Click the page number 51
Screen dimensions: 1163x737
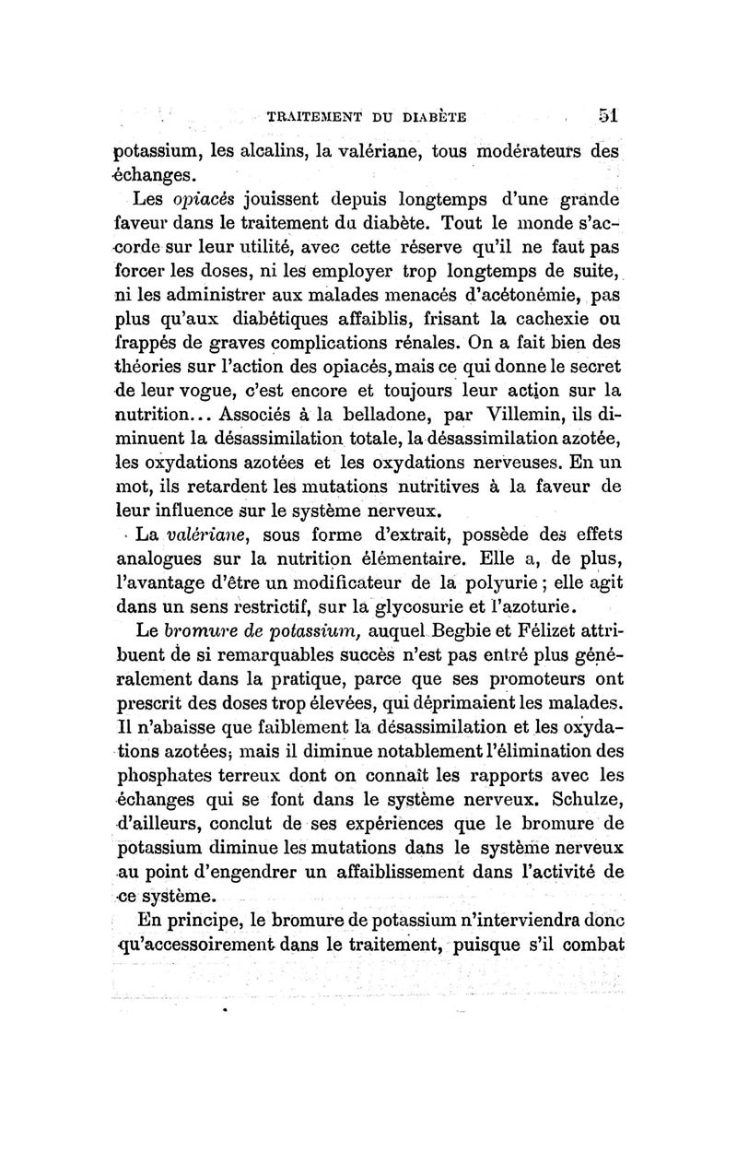pyautogui.click(x=606, y=116)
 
